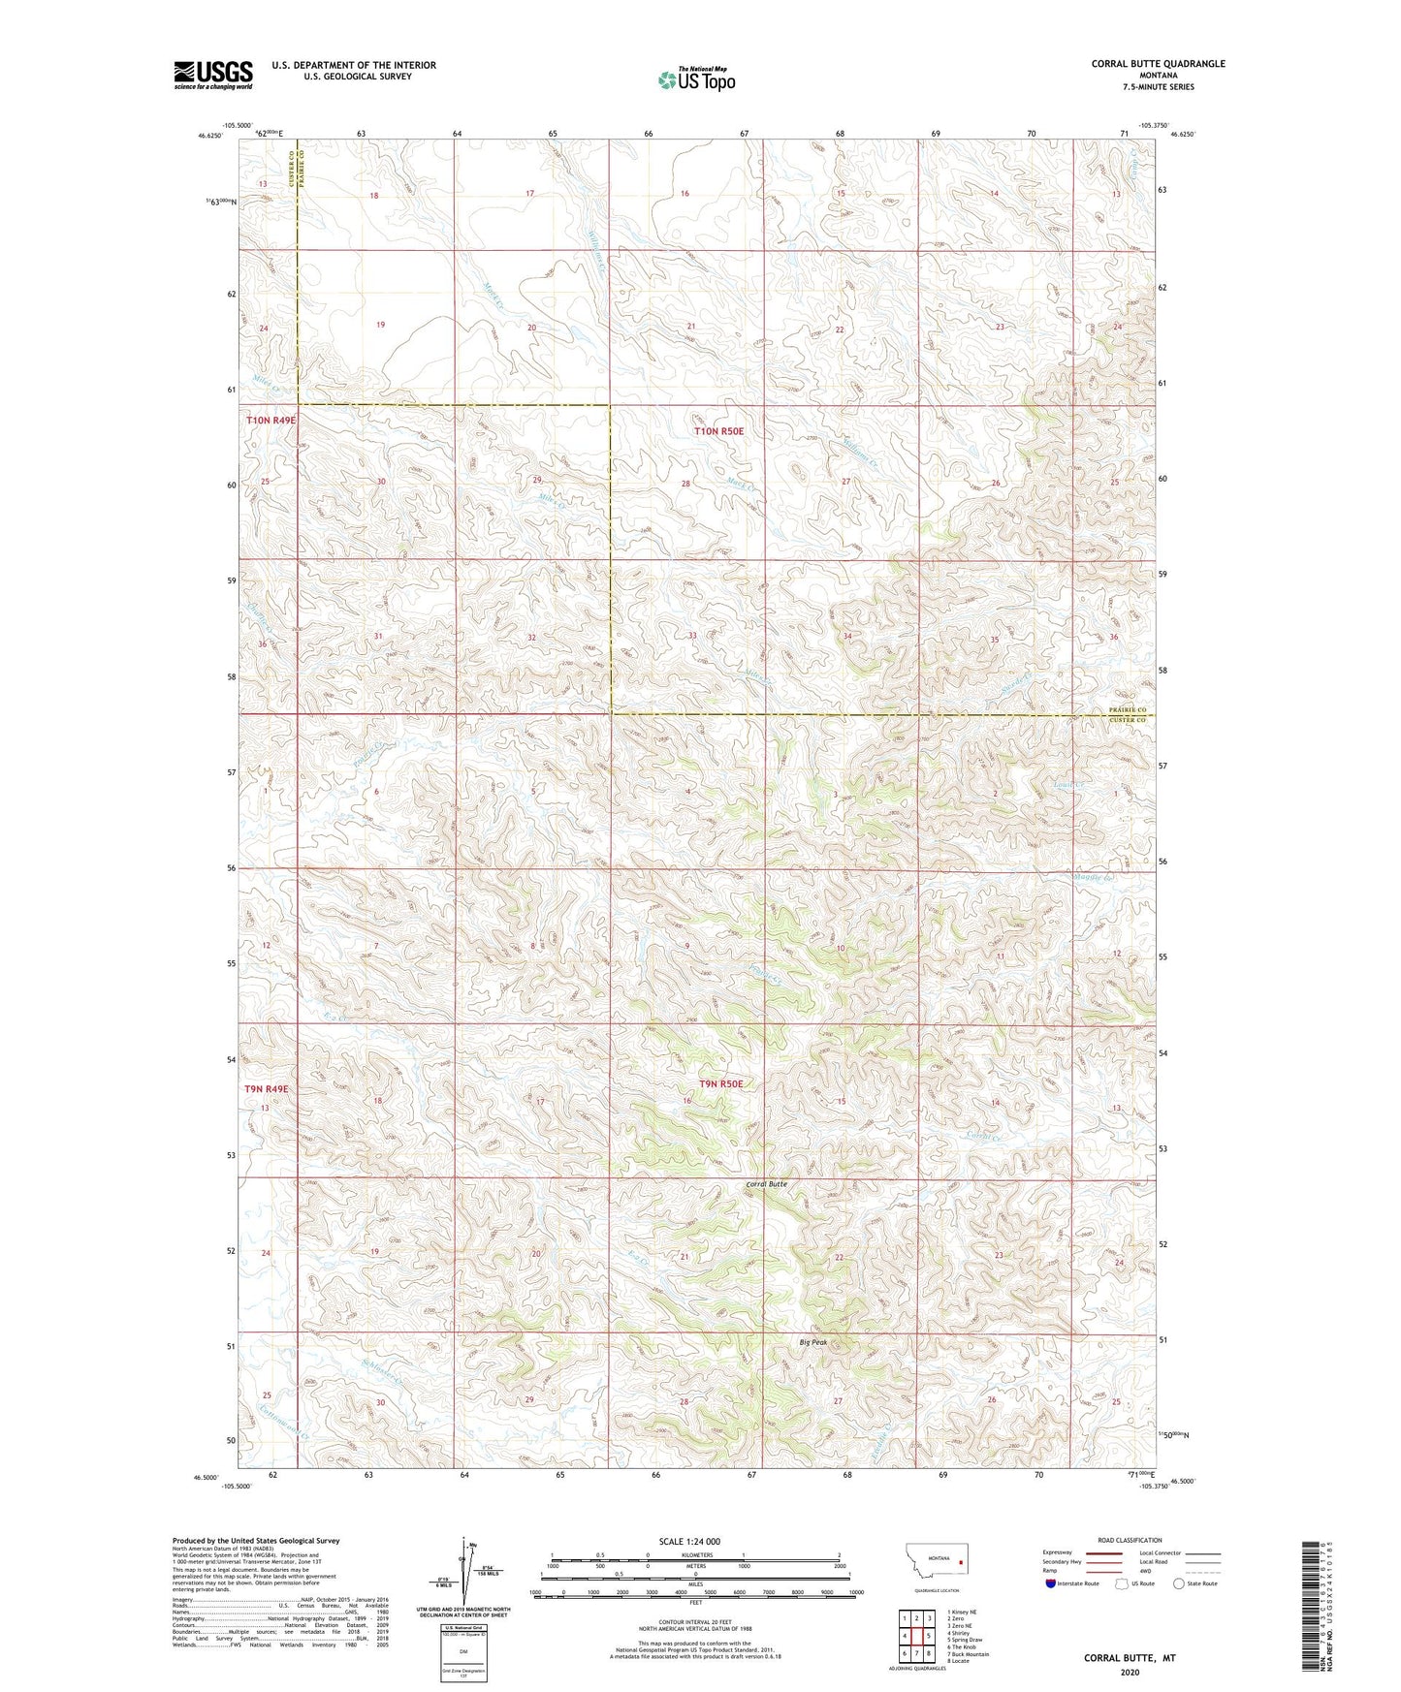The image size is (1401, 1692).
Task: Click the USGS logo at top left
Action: pos(212,75)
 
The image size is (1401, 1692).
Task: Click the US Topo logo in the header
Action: pos(696,78)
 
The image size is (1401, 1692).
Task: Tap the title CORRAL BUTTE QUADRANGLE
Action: pos(1158,64)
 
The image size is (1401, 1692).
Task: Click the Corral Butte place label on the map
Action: pos(766,1184)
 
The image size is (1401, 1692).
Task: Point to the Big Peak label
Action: pos(812,1342)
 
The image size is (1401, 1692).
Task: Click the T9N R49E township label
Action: pos(267,1089)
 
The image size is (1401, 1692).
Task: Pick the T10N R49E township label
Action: pos(271,421)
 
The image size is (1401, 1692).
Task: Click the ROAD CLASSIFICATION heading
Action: pos(1130,1540)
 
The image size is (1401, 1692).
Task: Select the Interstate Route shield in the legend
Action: pos(1051,1583)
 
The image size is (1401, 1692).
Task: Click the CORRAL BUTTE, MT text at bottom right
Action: pos(1130,1658)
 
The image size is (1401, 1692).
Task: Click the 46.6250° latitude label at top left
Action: pos(210,137)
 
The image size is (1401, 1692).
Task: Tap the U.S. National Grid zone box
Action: pos(462,1650)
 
